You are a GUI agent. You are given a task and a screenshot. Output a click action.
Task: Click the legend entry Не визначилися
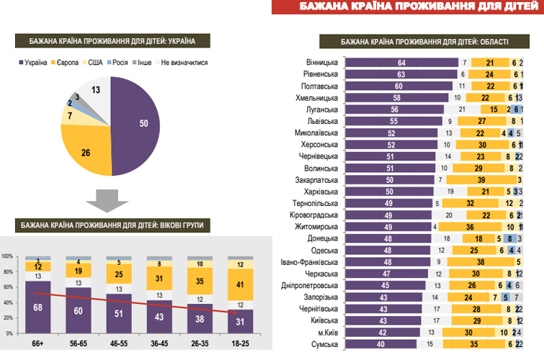pos(184,63)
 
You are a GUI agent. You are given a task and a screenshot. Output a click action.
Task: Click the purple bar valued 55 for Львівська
pos(393,121)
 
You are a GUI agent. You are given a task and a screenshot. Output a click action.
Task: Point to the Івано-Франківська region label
pos(311,262)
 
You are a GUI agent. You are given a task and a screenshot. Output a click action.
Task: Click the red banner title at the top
pos(407,8)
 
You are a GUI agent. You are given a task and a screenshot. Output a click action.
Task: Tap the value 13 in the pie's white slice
pos(96,90)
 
